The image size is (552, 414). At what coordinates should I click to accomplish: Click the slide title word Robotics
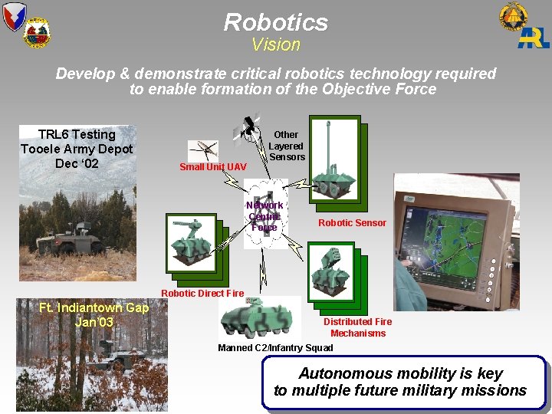point(276,21)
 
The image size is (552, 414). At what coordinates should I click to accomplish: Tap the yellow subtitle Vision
point(276,44)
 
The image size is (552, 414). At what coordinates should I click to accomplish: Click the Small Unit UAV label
point(213,167)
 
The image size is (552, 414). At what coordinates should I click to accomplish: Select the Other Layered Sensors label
point(287,146)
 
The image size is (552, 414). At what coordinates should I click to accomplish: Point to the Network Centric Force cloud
point(264,215)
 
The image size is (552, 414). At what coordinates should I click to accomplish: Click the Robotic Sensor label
point(352,223)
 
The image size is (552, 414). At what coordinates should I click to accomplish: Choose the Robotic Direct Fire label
point(202,293)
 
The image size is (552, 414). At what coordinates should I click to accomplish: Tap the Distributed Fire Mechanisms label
point(358,327)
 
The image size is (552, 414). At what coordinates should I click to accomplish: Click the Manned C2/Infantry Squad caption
point(275,348)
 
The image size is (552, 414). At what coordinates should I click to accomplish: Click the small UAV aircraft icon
point(202,149)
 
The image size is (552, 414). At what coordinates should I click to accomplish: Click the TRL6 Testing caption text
point(77,149)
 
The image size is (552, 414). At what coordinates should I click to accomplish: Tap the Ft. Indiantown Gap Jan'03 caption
point(94,314)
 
